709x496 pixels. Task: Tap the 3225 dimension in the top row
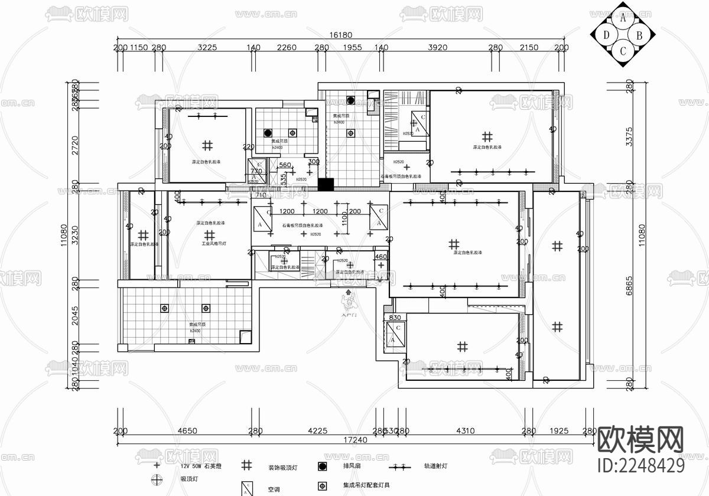coord(207,48)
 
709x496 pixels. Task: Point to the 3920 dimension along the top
coord(438,48)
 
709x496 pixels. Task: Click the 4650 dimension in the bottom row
coord(187,431)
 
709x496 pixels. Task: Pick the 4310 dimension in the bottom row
coord(465,431)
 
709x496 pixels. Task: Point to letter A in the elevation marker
coord(623,19)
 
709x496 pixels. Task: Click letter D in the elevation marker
coord(607,35)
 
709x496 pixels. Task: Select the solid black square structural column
coord(325,184)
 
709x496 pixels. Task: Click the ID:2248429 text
coord(642,465)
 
